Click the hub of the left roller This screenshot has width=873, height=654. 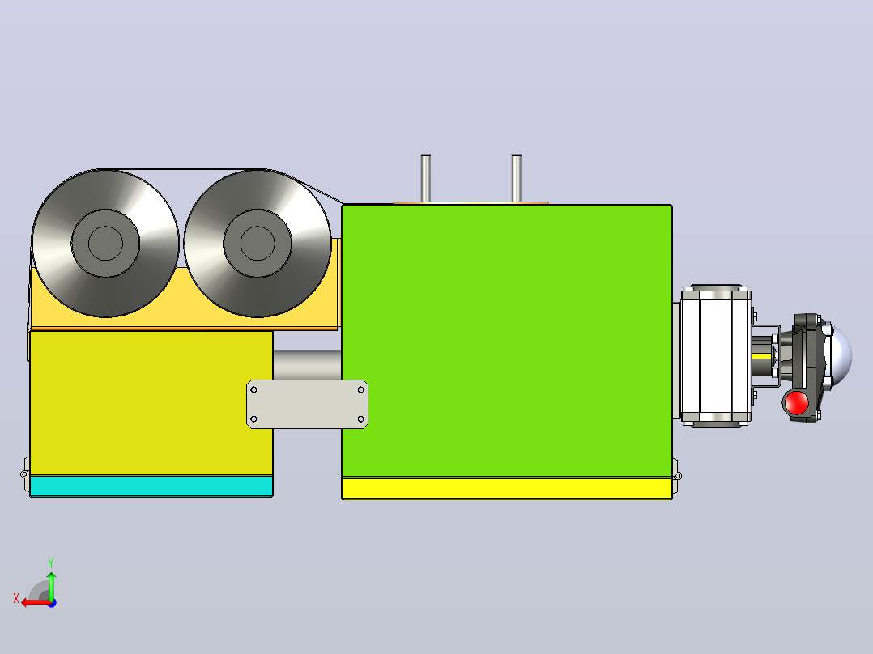(x=105, y=244)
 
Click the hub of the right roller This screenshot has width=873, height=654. (x=258, y=244)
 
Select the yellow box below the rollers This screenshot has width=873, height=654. (x=151, y=403)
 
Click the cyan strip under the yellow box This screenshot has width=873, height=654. (x=151, y=486)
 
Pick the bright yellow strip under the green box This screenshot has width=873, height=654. (x=507, y=489)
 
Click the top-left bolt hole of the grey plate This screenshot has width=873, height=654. (x=254, y=389)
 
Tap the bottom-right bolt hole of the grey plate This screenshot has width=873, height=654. (x=361, y=419)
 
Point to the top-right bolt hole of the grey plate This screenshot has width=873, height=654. (x=361, y=389)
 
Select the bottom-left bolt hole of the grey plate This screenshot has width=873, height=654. (x=254, y=419)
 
